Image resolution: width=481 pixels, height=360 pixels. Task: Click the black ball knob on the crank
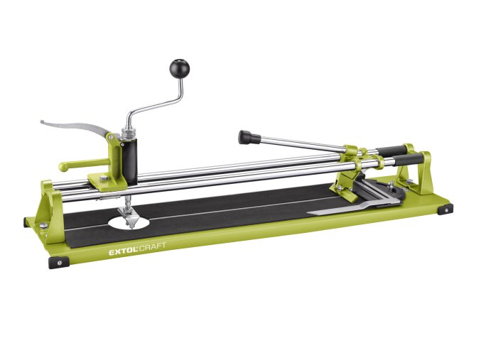pos(180,68)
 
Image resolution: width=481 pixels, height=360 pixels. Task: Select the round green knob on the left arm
pos(63,167)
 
